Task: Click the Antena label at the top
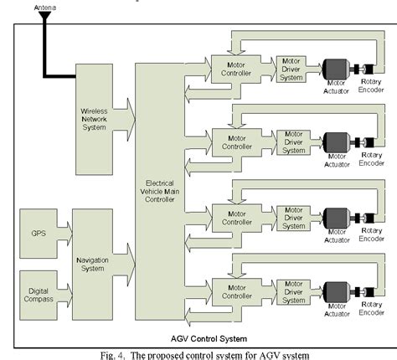pyautogui.click(x=44, y=7)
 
